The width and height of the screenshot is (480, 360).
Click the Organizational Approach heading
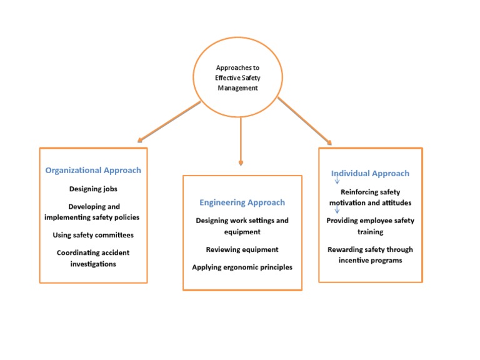click(93, 170)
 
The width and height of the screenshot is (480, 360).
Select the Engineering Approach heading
click(242, 202)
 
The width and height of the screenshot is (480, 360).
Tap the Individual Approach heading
click(371, 174)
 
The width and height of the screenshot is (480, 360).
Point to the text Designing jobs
click(93, 189)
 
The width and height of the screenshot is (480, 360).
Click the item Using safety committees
click(93, 236)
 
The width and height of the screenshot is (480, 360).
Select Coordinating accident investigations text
click(93, 259)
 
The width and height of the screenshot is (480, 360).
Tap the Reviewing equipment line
click(242, 249)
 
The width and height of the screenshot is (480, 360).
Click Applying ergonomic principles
click(242, 267)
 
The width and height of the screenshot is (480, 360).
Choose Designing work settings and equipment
click(242, 226)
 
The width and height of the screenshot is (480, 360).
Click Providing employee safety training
click(370, 226)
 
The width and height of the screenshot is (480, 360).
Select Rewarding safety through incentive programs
click(370, 254)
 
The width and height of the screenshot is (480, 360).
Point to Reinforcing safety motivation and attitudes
click(370, 197)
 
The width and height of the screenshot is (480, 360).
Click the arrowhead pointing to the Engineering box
click(241, 163)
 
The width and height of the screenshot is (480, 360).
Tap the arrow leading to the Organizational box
click(169, 121)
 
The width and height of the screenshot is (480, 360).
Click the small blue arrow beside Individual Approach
click(337, 181)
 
